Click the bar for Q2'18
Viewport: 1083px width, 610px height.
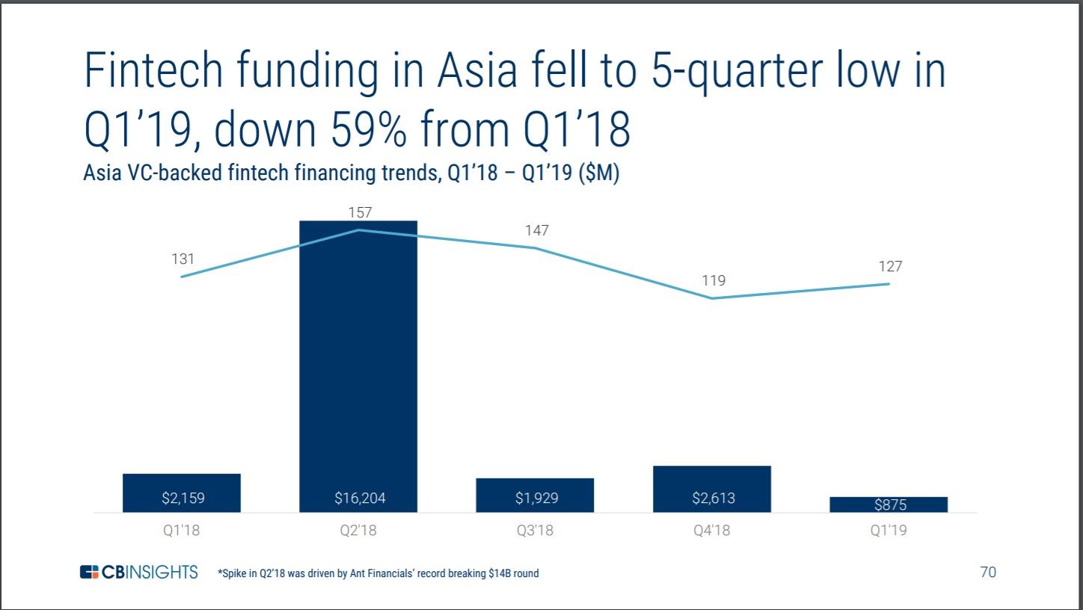click(x=358, y=359)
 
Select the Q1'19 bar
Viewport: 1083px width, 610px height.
click(x=889, y=505)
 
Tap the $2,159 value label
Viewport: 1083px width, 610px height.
click(x=182, y=498)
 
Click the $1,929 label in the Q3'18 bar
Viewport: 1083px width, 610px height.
click(x=536, y=498)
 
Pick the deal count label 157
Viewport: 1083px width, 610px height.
click(x=360, y=213)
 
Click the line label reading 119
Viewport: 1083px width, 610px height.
click(x=714, y=280)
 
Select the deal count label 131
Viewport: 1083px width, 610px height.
click(x=182, y=259)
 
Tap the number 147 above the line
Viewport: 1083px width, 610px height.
click(x=536, y=230)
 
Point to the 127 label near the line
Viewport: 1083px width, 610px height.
click(x=890, y=266)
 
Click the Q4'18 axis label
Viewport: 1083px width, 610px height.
click(x=711, y=532)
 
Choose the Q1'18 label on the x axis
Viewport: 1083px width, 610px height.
click(x=182, y=532)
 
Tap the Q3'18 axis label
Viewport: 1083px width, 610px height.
click(x=536, y=532)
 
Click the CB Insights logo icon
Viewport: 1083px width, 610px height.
click(x=89, y=573)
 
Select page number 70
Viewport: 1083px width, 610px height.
click(x=987, y=573)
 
